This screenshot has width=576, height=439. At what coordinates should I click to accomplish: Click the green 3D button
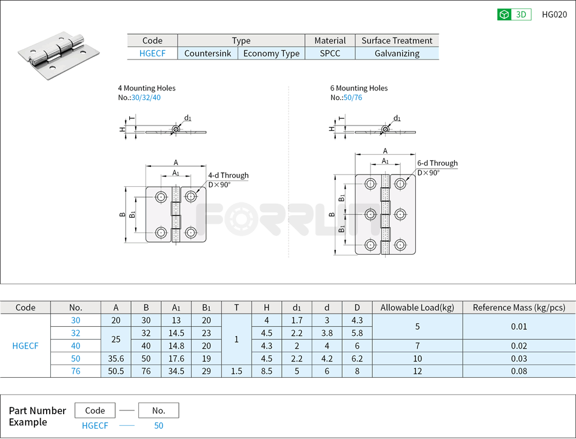514,15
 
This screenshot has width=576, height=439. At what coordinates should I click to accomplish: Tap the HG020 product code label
554,15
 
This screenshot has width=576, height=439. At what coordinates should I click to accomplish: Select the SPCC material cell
330,53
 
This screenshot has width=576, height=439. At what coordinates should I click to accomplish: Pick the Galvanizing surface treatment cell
397,53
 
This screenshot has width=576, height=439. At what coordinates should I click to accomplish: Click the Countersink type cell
207,53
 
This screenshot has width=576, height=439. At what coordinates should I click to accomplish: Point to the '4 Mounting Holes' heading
147,88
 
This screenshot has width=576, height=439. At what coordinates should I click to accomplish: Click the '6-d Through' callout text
437,163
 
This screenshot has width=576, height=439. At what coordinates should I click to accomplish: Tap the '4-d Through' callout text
228,175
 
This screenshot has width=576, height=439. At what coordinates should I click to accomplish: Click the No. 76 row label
75,371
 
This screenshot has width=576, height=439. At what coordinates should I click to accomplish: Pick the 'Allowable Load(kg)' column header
417,307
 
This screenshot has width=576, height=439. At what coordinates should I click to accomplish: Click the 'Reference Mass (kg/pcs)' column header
518,307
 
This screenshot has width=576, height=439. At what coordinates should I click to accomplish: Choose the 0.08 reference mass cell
518,371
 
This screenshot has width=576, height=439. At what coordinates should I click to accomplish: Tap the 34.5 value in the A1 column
175,371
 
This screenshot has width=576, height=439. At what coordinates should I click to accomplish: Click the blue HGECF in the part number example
95,426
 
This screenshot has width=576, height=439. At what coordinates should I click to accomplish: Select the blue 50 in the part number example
158,426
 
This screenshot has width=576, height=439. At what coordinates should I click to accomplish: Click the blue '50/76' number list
353,98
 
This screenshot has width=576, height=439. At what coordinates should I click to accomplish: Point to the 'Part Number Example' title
37,416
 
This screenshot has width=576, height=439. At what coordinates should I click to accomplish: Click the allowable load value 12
417,371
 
